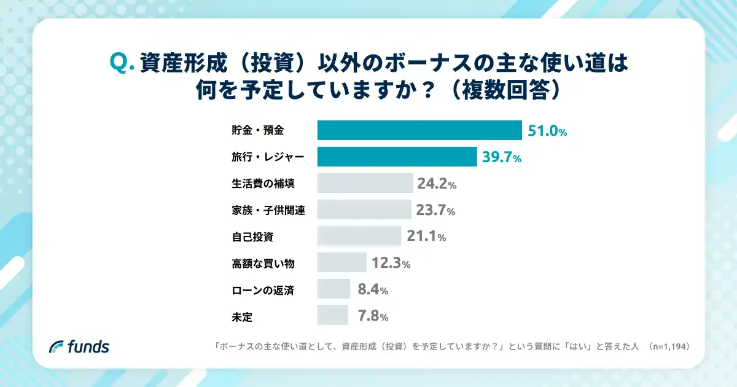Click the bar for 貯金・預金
(419, 131)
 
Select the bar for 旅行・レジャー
(397, 157)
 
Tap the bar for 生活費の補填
(365, 183)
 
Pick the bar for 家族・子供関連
(364, 209)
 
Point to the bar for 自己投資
(359, 236)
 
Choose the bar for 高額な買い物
(341, 262)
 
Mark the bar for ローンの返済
(333, 289)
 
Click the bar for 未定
(332, 315)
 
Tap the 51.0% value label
(547, 131)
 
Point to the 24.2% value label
(436, 184)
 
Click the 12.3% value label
(391, 263)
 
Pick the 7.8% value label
(372, 316)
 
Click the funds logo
(79, 346)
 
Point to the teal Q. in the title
(122, 63)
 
